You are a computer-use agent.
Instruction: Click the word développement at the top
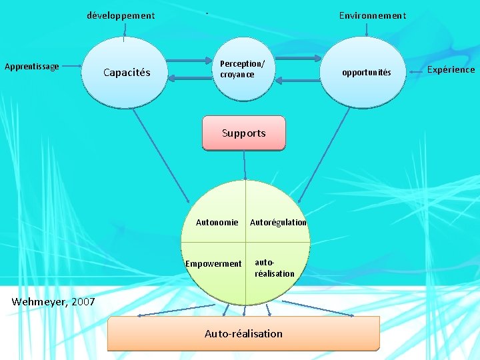pos(121,15)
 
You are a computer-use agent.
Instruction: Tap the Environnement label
pos(372,15)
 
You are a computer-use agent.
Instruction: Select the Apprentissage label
pos(32,66)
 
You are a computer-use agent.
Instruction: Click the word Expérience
pos(451,69)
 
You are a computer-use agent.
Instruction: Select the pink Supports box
pos(243,133)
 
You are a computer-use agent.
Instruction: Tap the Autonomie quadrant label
pos(217,223)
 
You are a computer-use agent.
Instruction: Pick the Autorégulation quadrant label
pos(278,223)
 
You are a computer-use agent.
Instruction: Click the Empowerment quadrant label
pos(213,264)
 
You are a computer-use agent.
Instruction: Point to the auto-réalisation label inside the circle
pos(274,269)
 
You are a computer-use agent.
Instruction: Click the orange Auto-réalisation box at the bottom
pos(243,333)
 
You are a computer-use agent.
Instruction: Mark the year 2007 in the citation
pos(83,302)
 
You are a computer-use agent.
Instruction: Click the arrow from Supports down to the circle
pos(245,165)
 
